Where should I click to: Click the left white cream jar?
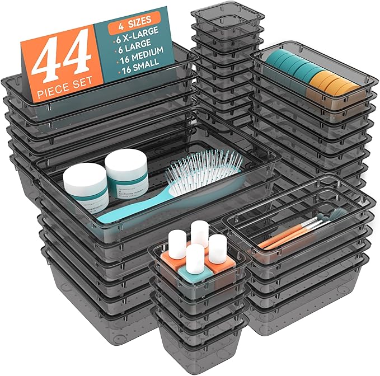click(85, 186)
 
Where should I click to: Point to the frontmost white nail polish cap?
click(195, 258)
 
